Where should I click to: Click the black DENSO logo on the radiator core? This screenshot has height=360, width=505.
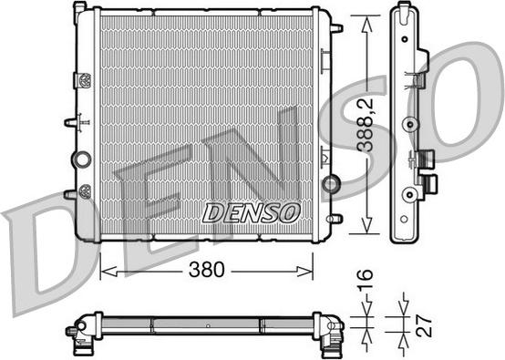(x=250, y=213)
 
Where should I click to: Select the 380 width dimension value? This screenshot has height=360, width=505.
(x=209, y=271)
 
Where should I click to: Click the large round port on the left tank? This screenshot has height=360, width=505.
(x=81, y=160)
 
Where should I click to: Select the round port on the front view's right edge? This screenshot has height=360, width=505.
(x=332, y=185)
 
